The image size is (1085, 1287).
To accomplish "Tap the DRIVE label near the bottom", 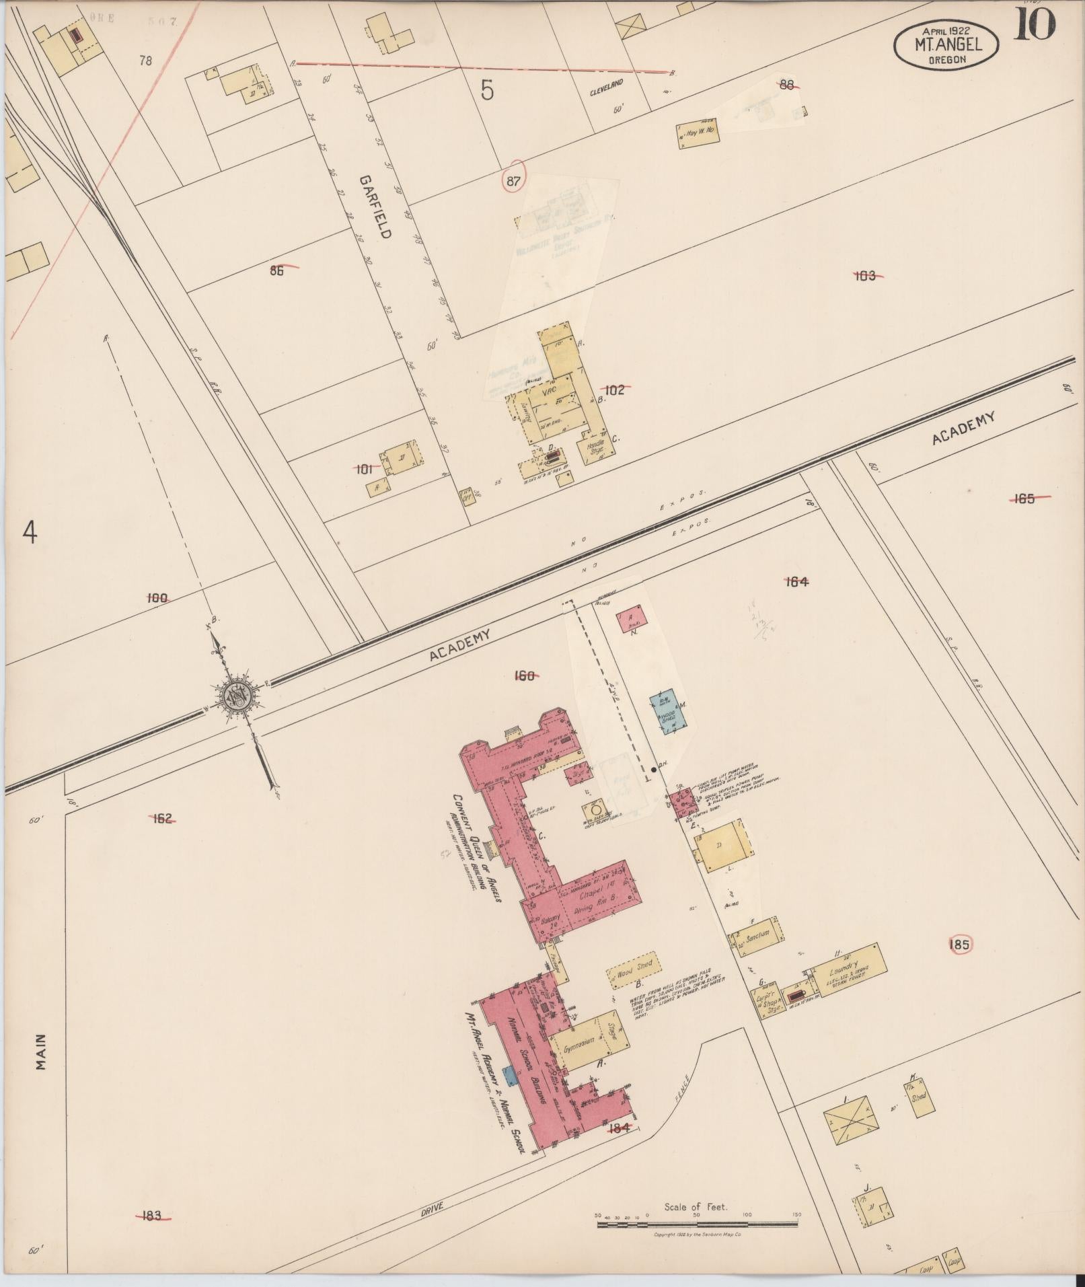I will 432,1208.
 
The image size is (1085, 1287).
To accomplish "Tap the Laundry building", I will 846,970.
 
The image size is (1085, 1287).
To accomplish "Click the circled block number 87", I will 514,180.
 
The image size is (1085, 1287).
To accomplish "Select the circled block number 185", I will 959,945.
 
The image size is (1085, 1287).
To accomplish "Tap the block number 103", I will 865,275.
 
